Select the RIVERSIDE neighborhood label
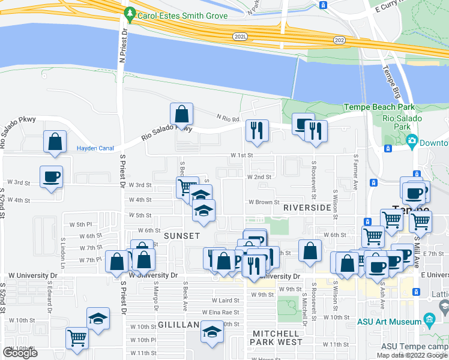307,207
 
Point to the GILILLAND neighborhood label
178,324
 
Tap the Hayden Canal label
95,148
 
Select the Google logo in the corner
20,353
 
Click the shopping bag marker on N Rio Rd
181,113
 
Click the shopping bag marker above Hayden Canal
55,142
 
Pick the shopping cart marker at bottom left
77,338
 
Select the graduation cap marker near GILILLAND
212,331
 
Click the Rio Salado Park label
402,122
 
